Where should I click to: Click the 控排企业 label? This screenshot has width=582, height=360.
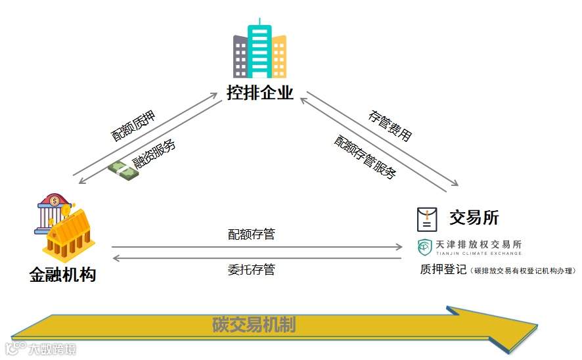click(260, 93)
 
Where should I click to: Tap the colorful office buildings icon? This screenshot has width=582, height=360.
click(260, 51)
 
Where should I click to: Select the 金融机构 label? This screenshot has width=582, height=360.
click(63, 274)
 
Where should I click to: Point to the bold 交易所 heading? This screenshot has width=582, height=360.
click(474, 217)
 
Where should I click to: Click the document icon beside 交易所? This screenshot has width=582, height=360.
click(427, 219)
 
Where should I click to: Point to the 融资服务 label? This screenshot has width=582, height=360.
click(154, 154)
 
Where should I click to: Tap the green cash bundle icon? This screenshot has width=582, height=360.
click(123, 171)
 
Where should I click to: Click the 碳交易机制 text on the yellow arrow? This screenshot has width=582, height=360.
click(254, 325)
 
